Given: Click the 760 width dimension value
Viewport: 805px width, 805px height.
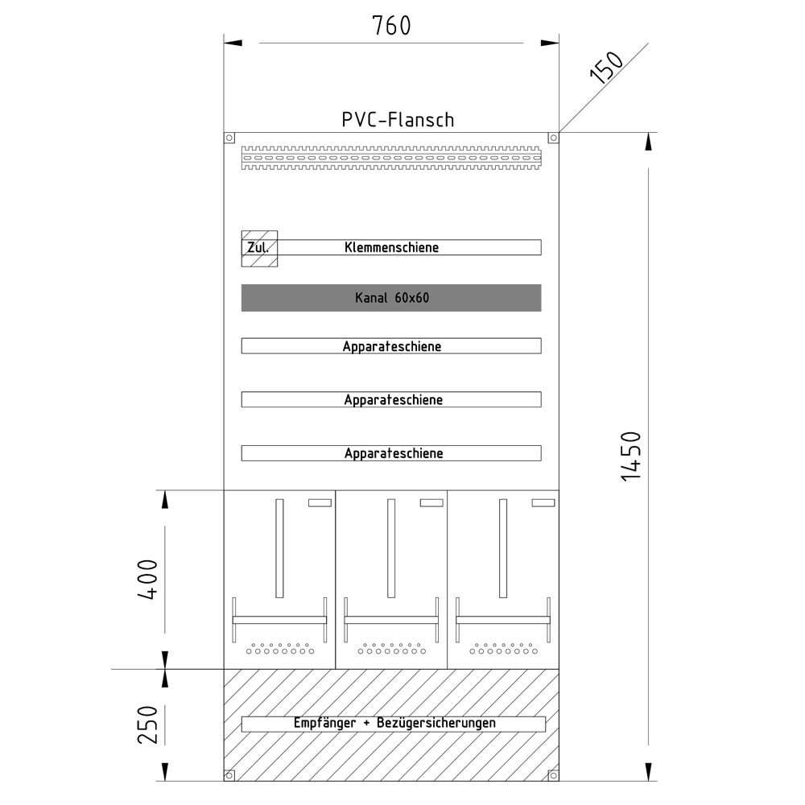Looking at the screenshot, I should [391, 27].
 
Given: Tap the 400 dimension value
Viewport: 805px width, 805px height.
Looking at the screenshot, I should [147, 579].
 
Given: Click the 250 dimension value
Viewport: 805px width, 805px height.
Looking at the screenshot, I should [147, 724].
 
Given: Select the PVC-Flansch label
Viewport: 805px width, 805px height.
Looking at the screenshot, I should [398, 120].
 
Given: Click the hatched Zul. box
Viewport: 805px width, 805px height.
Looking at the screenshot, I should [259, 248].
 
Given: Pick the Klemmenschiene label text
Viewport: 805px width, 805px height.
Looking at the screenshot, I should [391, 247].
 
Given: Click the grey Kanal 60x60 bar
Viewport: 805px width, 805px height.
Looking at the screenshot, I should [391, 298].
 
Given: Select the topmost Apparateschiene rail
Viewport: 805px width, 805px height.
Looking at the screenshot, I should [391, 346].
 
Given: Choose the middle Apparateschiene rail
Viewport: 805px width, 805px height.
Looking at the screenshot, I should [391, 399].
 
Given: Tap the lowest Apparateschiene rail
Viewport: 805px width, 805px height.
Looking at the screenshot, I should [391, 453].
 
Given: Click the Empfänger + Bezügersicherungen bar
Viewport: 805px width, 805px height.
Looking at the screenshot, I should [394, 724].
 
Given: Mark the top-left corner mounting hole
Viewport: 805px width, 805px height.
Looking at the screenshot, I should [229, 138].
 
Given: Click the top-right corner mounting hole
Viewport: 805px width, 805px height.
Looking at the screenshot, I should [553, 138].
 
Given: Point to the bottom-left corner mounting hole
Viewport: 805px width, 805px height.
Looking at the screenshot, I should [229, 775].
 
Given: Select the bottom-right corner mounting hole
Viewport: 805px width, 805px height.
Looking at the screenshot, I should [553, 775].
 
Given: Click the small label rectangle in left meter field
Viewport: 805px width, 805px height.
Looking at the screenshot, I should [320, 503].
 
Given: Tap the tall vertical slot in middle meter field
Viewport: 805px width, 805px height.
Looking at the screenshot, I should [391, 548].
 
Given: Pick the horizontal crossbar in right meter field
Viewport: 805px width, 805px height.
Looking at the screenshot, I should [503, 620].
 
